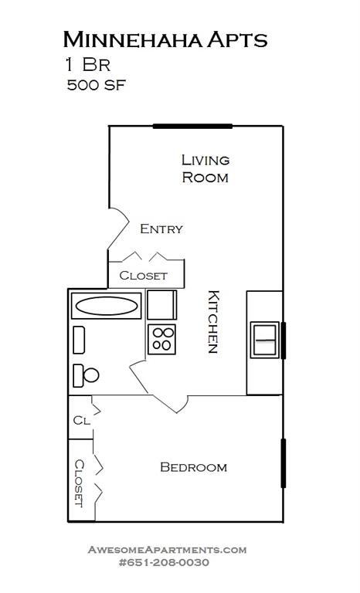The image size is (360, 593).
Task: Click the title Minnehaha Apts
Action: point(165,39)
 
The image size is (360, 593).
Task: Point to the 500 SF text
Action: point(97,85)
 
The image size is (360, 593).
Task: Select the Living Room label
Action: point(205,168)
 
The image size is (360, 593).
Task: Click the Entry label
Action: point(161,229)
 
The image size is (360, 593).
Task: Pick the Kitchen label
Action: point(214,321)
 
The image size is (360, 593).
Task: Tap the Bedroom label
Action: point(193,467)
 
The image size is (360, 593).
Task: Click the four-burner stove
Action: point(162,338)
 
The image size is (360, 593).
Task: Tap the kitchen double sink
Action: point(265,340)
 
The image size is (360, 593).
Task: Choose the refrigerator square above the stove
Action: point(161,305)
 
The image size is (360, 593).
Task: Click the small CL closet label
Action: point(81,421)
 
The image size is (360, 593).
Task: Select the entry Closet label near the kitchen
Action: point(143,275)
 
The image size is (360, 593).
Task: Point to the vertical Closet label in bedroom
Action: point(80,483)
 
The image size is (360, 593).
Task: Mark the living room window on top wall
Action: point(192,126)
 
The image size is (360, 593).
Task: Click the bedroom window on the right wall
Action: point(284,463)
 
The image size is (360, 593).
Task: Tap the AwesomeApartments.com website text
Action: point(167,550)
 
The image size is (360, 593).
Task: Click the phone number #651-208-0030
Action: point(165,563)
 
